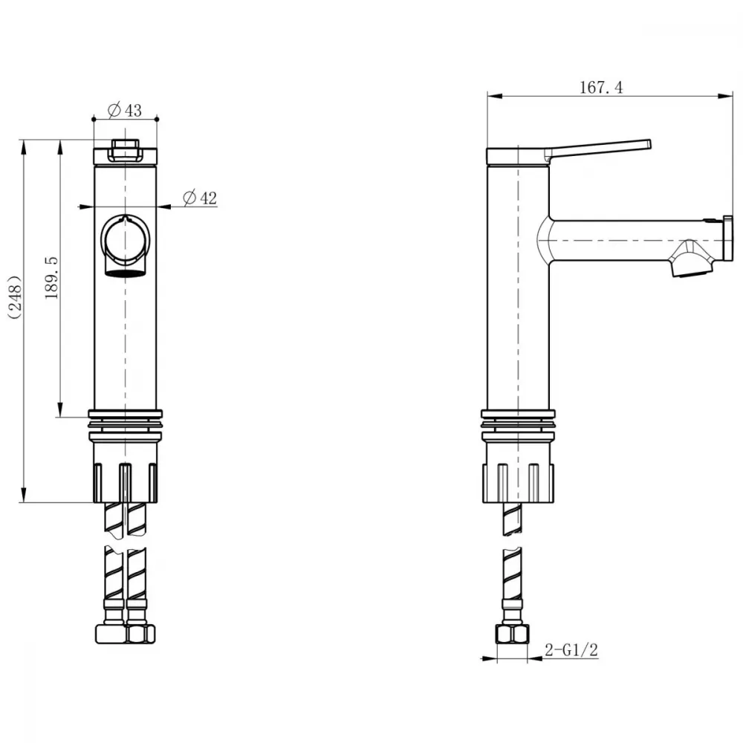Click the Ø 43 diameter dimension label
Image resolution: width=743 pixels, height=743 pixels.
tap(125, 110)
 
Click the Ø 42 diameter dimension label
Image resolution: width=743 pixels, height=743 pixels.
tap(200, 198)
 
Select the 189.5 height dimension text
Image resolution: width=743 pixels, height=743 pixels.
tap(51, 278)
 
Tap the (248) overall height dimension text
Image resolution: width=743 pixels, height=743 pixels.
tap(15, 297)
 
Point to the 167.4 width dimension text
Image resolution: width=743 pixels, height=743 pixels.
tap(601, 88)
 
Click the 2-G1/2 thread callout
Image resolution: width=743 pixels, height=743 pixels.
tap(571, 649)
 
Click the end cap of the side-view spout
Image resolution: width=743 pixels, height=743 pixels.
tap(728, 238)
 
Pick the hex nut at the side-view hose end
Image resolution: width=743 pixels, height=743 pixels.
tap(512, 634)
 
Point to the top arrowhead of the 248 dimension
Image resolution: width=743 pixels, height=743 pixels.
tap(22, 146)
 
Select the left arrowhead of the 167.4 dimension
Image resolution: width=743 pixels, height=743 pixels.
tap(494, 96)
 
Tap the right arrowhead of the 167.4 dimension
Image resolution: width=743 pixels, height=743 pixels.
tap(725, 96)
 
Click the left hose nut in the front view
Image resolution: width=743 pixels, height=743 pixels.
tap(111, 634)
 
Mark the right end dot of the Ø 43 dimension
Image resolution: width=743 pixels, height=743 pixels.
tap(158, 119)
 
